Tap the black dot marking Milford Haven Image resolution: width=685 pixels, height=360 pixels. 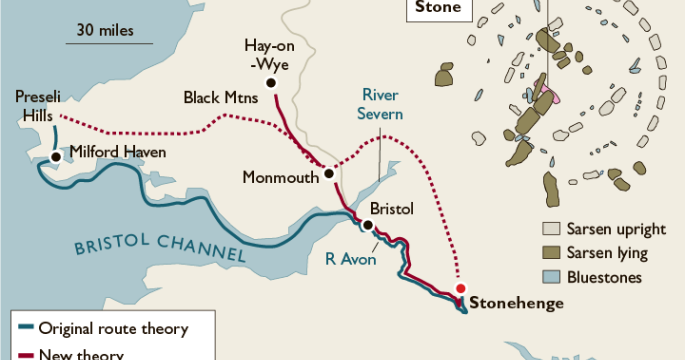56,156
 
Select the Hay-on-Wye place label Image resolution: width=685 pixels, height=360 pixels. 268,55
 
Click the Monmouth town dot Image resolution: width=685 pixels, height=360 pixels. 328,175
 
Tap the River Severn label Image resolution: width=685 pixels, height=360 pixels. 381,104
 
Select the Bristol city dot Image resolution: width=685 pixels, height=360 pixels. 369,226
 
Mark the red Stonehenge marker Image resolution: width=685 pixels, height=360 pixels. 460,289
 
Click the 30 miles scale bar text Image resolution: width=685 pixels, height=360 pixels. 110,29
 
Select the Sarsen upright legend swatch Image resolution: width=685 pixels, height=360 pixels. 550,229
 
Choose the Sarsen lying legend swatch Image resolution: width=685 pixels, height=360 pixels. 550,253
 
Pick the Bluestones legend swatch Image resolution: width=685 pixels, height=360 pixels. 550,277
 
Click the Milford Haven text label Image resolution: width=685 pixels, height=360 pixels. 117,153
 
